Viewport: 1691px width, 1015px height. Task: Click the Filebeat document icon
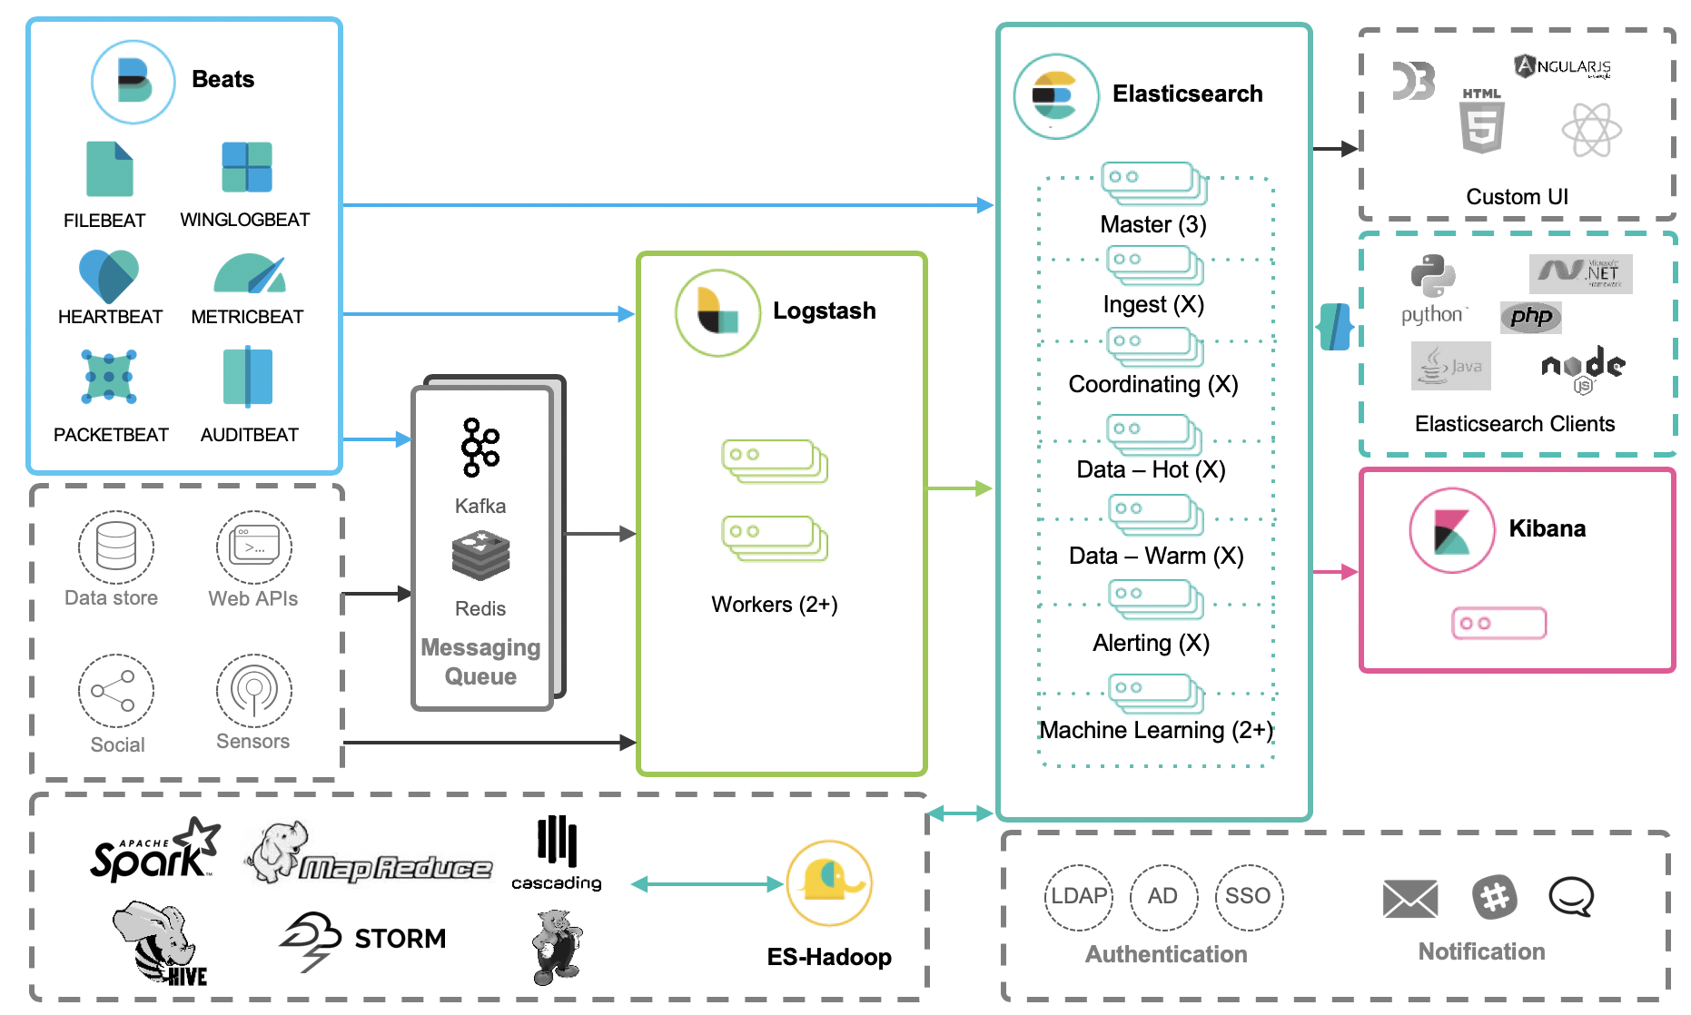109,169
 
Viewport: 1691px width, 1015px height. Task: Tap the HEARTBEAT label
110,317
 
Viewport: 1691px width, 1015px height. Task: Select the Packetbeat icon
109,376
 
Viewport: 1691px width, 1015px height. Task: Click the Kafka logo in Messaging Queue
480,448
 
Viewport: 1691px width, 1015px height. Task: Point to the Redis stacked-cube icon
480,556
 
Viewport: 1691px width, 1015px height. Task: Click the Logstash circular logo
717,312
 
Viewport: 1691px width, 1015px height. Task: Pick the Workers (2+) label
774,605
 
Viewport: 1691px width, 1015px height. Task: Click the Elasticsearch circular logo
1055,96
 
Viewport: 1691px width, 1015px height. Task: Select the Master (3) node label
1152,224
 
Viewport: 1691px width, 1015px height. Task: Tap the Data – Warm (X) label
1155,556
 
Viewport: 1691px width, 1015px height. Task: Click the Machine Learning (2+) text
1155,730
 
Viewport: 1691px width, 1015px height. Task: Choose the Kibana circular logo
1451,530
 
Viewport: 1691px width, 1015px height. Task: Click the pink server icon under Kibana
1498,624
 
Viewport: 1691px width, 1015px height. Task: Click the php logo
1531,317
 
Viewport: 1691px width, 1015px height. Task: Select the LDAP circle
1078,897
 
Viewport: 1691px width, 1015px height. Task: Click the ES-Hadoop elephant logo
829,882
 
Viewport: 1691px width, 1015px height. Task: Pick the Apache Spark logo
154,852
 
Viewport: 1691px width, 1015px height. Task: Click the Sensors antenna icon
253,691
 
